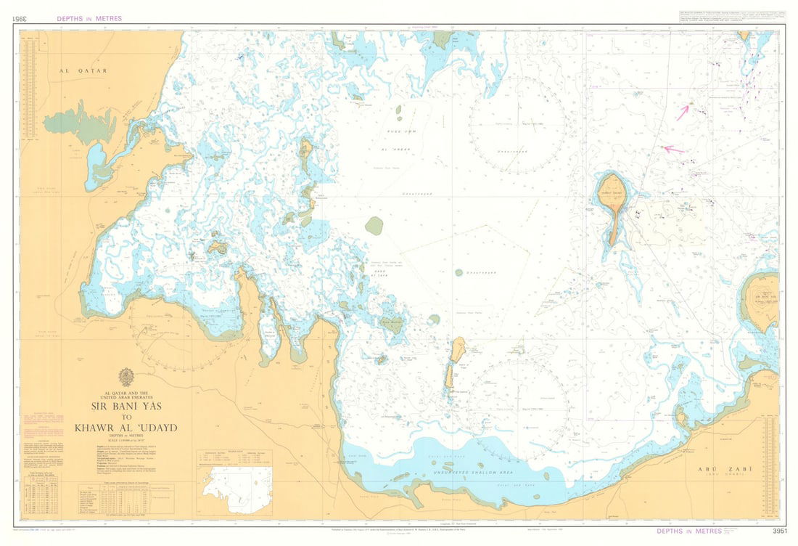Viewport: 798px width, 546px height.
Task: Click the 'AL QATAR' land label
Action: (x=83, y=71)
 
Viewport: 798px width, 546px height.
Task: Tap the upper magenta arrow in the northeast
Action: (x=683, y=113)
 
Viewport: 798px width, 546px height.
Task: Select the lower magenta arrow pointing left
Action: (x=674, y=150)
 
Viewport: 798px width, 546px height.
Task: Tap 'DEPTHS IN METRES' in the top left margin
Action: (x=89, y=18)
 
